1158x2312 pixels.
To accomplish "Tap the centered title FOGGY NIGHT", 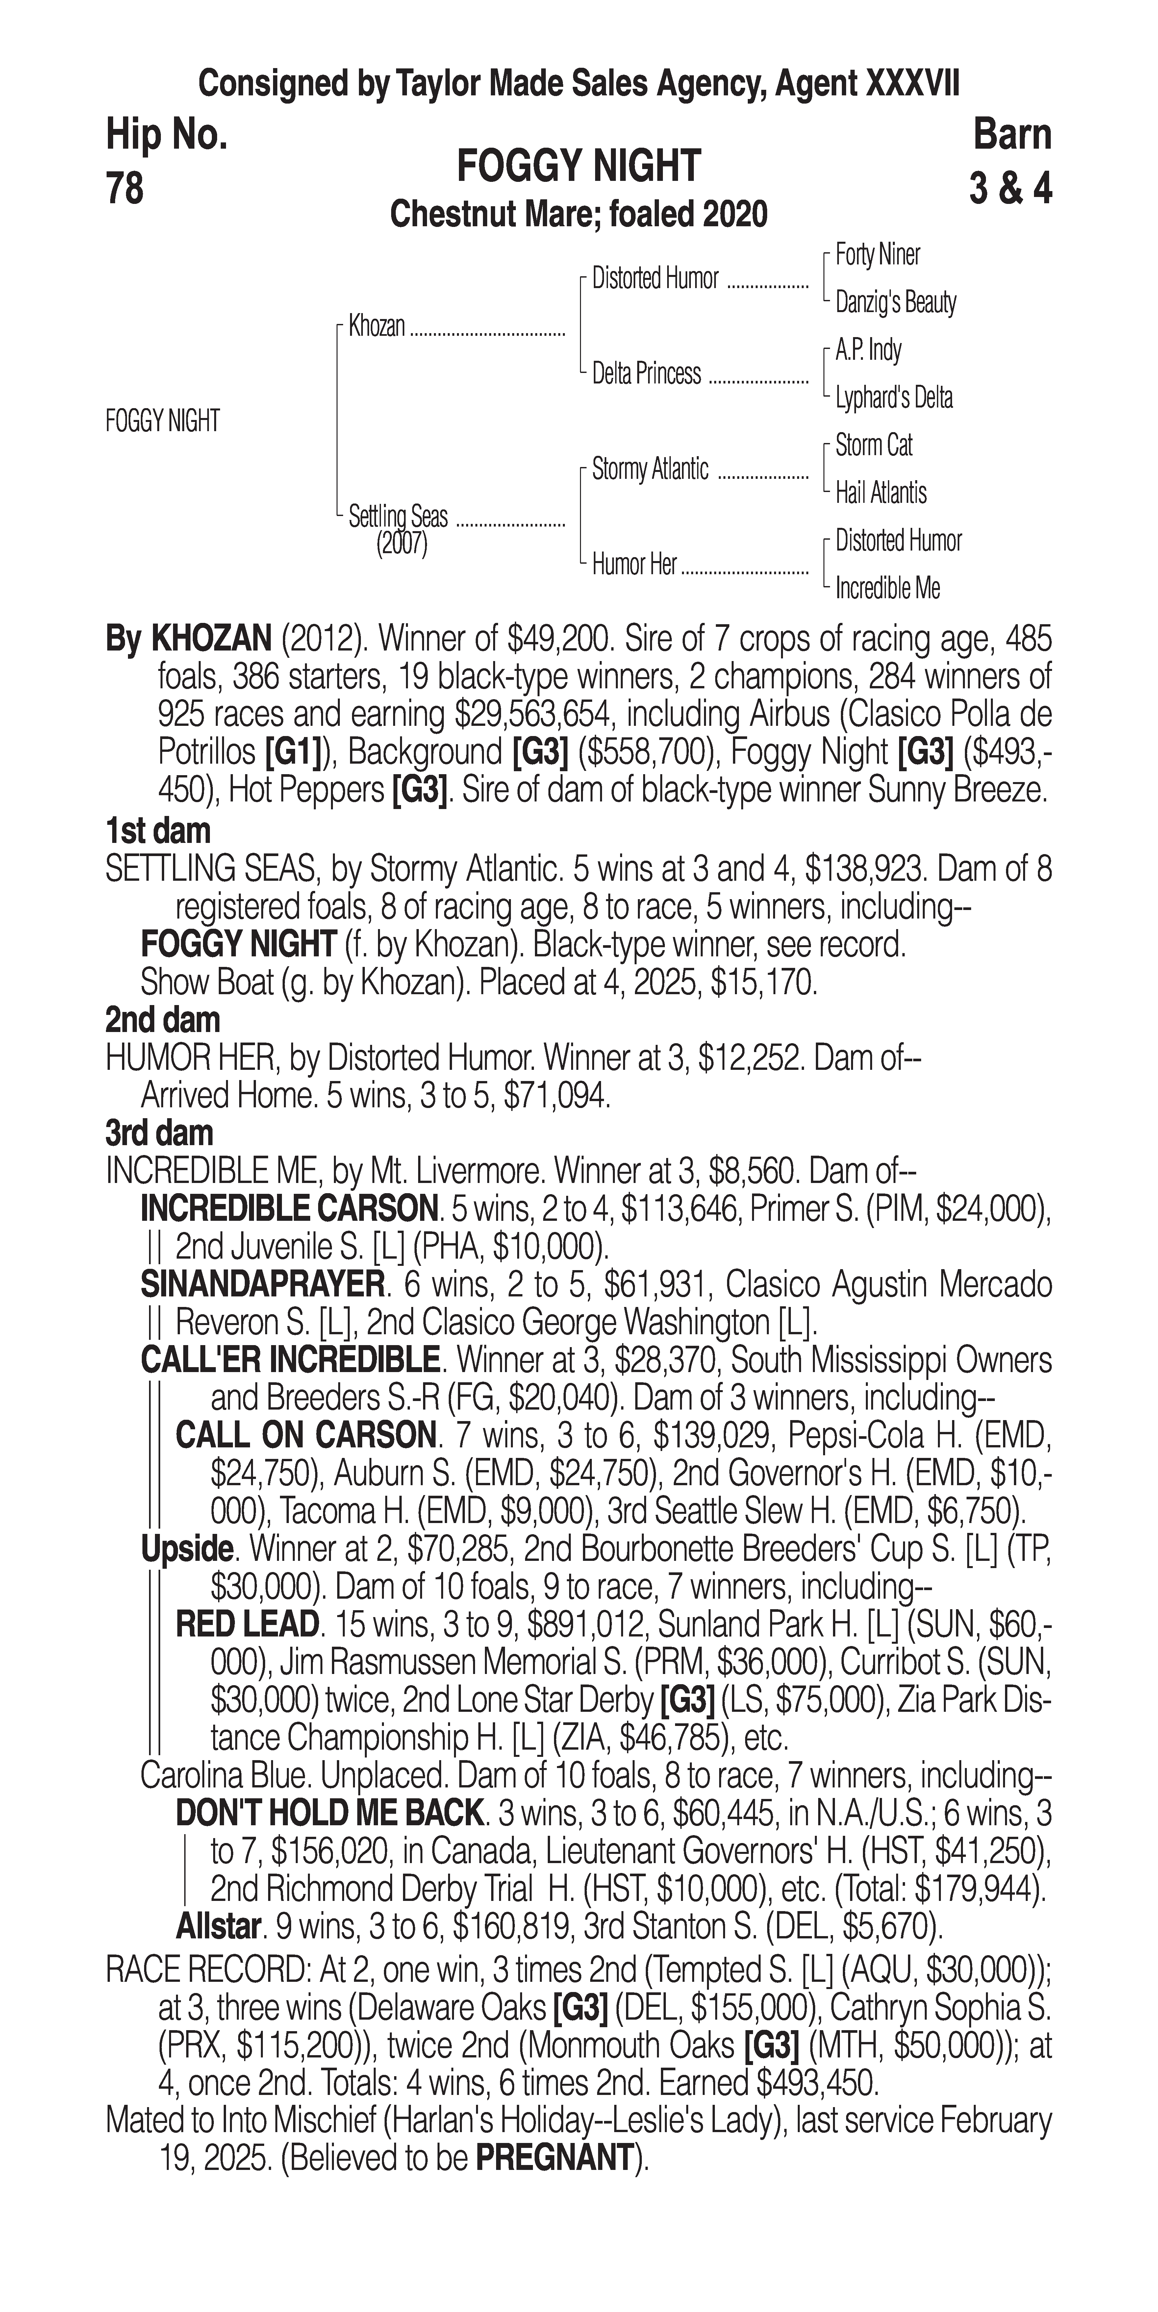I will pos(579,167).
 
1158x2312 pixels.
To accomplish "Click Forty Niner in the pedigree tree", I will pos(877,255).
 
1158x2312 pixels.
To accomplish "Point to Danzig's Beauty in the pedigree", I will pos(895,303).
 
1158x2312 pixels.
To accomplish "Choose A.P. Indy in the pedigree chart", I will pos(868,350).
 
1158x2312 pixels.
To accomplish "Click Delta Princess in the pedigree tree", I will pos(646,373).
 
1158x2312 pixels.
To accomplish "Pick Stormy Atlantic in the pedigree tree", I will pos(650,469).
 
